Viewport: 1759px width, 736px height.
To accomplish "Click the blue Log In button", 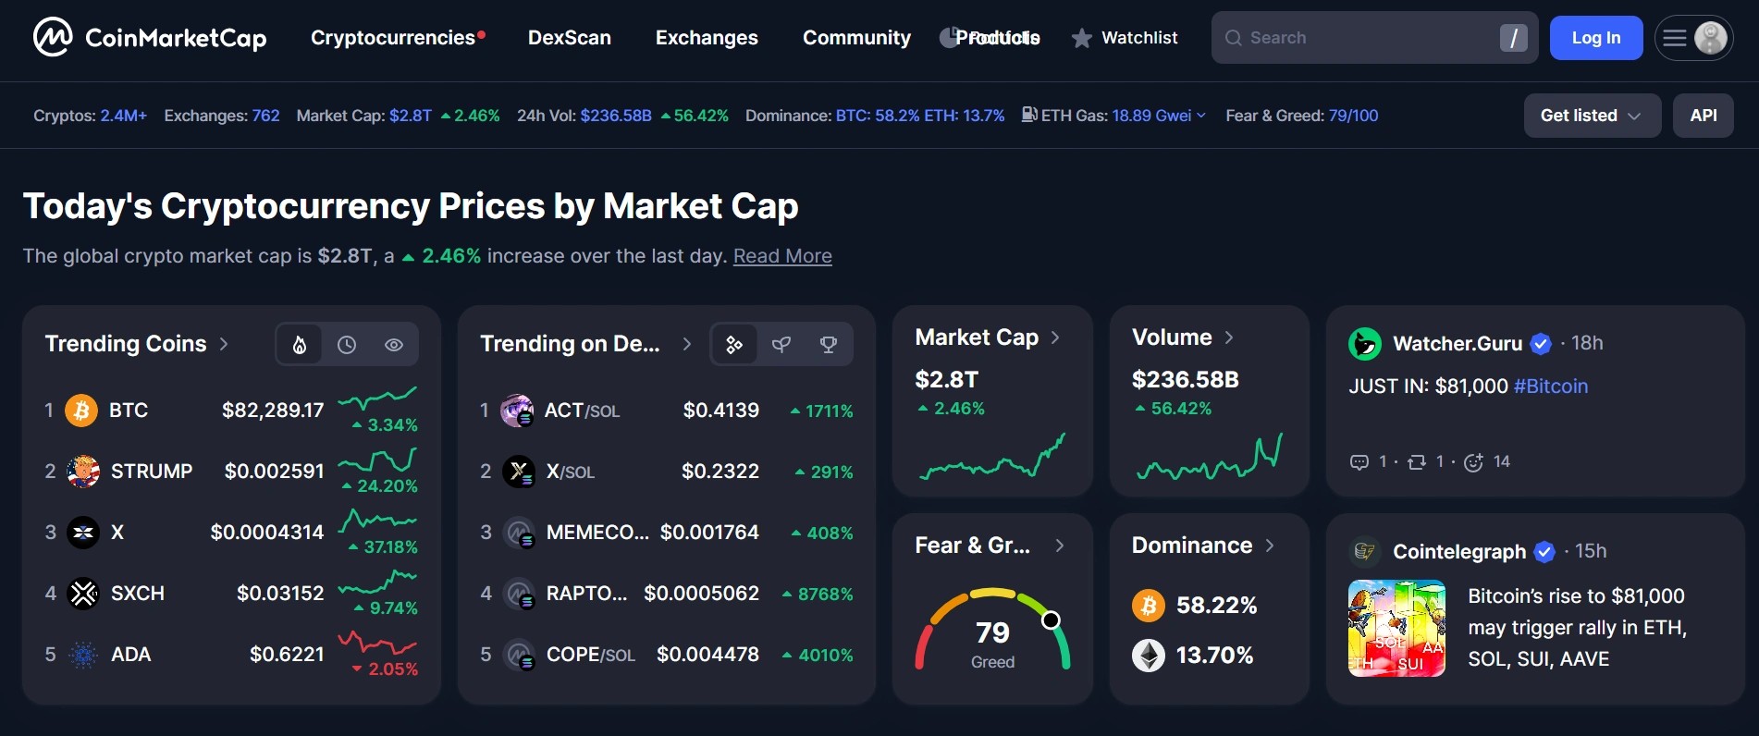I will pos(1595,38).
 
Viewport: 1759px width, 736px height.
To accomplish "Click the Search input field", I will pos(1359,38).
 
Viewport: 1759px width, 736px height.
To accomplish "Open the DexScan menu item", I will pos(569,38).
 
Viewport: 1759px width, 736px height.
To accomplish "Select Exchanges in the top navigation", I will pos(707,38).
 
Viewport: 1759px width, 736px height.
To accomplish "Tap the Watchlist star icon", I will pos(1081,39).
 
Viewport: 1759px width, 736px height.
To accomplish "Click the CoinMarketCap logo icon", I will pos(53,38).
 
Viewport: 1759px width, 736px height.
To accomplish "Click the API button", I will pos(1703,116).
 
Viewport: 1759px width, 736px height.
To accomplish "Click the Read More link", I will pos(782,256).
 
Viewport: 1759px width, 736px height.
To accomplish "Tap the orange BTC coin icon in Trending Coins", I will pos(81,410).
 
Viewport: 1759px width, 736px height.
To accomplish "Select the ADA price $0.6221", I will pos(287,655).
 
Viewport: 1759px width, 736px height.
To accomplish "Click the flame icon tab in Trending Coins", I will pos(300,345).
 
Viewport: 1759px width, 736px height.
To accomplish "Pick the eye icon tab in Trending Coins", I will pos(394,345).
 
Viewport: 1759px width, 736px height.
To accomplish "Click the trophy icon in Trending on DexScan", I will pos(829,345).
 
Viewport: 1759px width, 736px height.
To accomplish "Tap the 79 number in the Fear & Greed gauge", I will pos(992,632).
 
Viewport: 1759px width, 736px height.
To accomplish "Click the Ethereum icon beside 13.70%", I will pos(1149,656).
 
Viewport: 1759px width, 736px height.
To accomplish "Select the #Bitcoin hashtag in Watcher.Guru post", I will pos(1551,386).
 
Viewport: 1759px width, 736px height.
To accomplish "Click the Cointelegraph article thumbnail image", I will pos(1396,628).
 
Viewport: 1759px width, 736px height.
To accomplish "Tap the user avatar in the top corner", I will pos(1711,38).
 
